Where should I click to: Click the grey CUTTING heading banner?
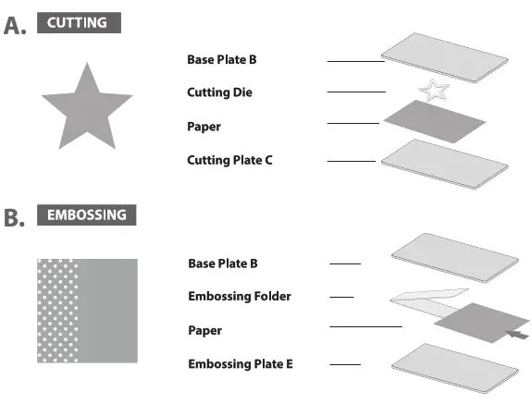[x=79, y=22]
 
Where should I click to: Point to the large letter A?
[x=15, y=25]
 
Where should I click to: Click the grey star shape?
[x=86, y=109]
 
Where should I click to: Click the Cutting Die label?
[x=219, y=92]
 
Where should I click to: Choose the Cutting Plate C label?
[x=229, y=160]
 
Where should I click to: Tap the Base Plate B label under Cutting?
[x=221, y=59]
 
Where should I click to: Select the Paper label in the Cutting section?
[x=204, y=126]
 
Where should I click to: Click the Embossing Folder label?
[x=240, y=297]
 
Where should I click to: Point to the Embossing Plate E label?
[x=241, y=364]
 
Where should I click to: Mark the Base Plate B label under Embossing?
[x=223, y=263]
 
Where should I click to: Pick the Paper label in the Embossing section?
[x=205, y=330]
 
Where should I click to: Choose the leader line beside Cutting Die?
[x=356, y=92]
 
